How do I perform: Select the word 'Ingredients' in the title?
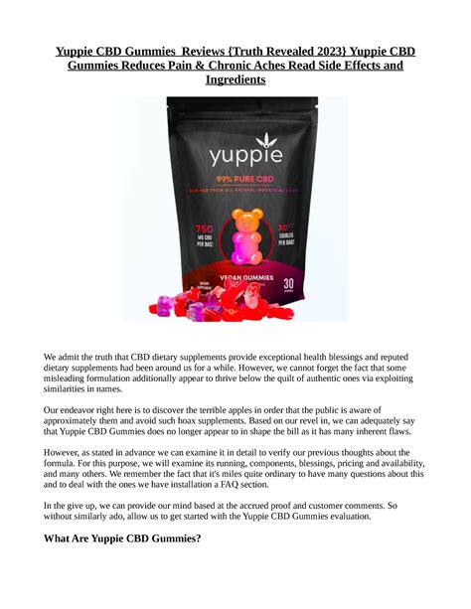tap(235, 79)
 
